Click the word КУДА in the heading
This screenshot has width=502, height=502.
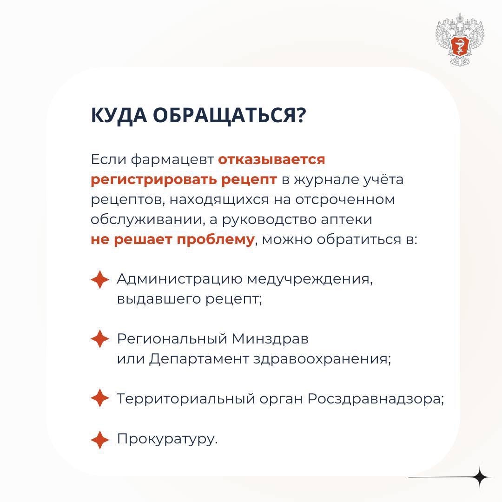point(118,116)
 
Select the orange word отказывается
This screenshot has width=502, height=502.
point(271,159)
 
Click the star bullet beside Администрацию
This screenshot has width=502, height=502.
point(99,280)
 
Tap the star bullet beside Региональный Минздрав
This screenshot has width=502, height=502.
point(99,339)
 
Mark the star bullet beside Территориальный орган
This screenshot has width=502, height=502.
point(99,399)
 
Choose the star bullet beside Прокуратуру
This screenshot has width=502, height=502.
point(99,439)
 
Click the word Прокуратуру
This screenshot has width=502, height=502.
point(167,439)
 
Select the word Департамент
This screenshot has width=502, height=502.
point(198,359)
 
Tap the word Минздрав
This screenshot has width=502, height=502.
point(270,339)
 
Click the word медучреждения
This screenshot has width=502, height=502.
point(309,279)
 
